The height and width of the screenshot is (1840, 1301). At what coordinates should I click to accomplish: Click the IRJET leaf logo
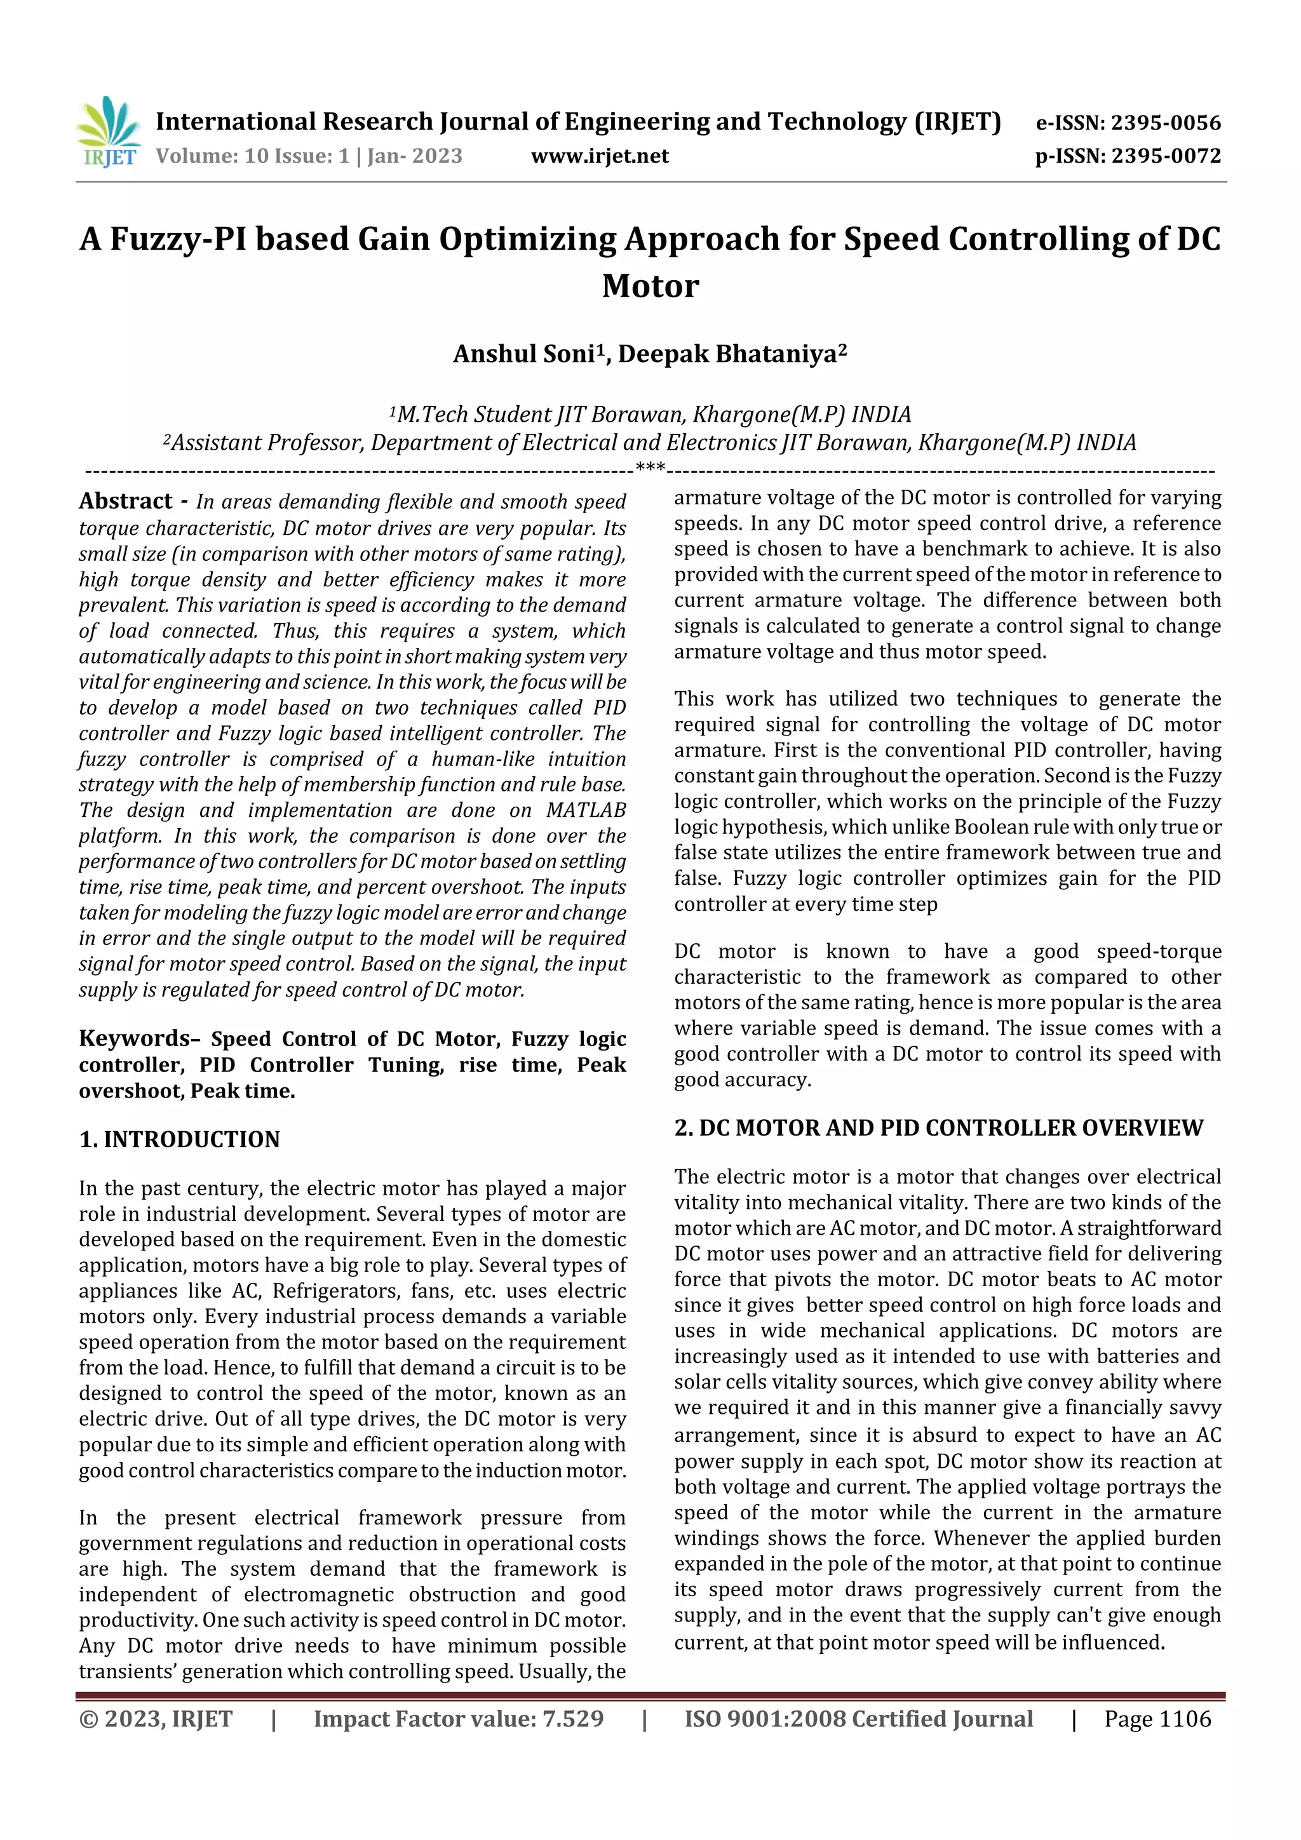[108, 132]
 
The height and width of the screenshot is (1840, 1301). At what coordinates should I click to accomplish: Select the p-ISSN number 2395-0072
[1164, 156]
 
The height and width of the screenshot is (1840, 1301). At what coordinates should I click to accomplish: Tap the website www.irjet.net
[599, 156]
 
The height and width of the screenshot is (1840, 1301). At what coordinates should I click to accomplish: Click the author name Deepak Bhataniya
[727, 354]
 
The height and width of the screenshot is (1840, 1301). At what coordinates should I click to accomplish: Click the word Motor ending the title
[650, 286]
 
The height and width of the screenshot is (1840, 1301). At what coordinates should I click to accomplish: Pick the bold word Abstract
[126, 502]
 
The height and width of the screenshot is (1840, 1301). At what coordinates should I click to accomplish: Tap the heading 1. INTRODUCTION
[180, 1139]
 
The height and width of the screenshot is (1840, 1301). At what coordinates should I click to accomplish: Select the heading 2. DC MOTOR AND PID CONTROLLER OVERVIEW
[938, 1129]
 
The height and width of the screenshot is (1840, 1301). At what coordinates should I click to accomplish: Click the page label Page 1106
[1157, 1719]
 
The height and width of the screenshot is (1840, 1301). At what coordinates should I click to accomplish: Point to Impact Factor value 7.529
[459, 1719]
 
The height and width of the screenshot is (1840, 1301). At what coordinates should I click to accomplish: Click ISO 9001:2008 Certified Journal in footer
[858, 1719]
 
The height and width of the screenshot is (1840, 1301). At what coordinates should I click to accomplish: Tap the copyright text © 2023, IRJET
[156, 1719]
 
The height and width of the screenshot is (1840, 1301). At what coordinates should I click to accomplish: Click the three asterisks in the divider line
[649, 468]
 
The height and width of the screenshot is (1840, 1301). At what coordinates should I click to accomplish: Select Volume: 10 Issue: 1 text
[252, 156]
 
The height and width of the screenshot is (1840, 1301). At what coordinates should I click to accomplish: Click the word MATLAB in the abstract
[585, 810]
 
